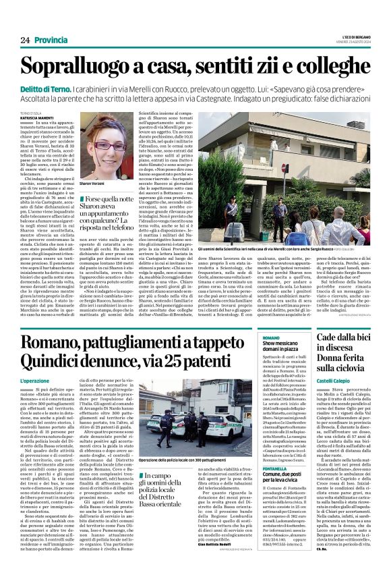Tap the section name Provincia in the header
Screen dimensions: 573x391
[51, 40]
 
